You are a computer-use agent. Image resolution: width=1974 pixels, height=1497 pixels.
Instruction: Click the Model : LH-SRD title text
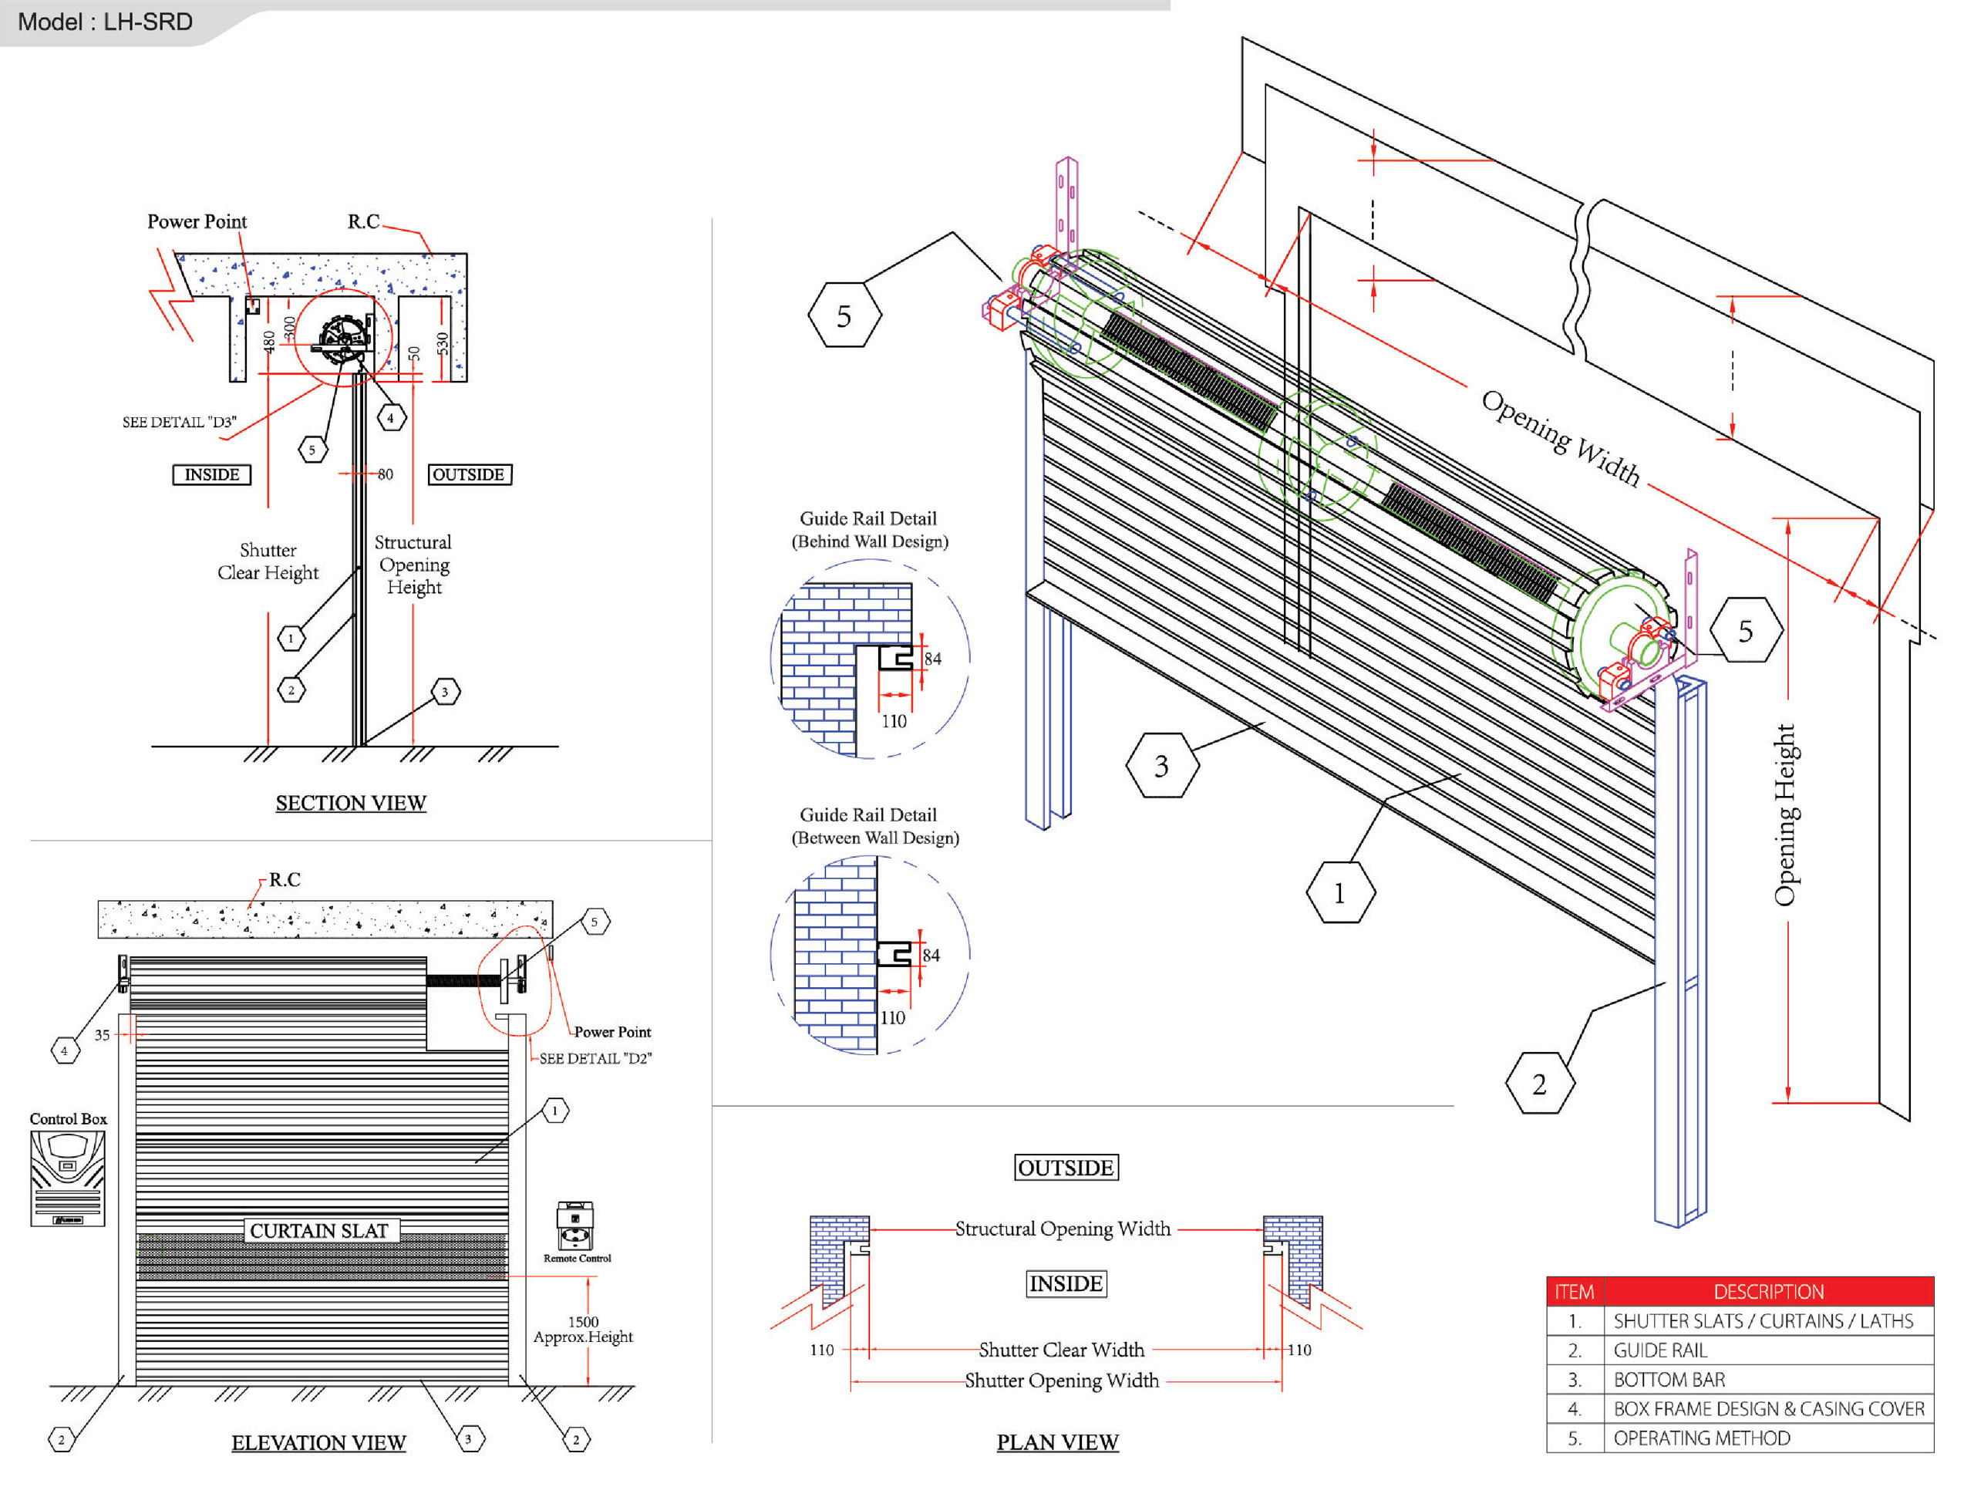coord(106,22)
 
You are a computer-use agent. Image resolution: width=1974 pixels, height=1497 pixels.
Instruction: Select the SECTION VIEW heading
coord(351,804)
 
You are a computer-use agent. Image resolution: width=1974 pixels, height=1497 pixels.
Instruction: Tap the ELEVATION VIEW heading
coord(318,1442)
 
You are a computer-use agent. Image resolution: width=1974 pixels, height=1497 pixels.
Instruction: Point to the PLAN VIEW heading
coord(1057,1441)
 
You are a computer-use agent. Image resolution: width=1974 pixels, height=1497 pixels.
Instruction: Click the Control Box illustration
coord(68,1178)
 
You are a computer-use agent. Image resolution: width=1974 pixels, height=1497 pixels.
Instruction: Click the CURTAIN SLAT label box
coord(319,1231)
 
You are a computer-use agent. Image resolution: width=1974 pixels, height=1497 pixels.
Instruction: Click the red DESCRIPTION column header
coord(1768,1292)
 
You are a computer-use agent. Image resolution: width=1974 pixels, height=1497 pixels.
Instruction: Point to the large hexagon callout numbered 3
coord(1162,766)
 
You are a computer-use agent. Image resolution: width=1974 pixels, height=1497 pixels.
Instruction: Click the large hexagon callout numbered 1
coord(1339,892)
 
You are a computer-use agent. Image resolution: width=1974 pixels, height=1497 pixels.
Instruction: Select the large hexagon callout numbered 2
coord(1539,1084)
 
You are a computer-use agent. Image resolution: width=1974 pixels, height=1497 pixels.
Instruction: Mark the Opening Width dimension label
coord(1561,438)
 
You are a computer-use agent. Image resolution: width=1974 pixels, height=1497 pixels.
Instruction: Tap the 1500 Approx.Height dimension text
coord(584,1329)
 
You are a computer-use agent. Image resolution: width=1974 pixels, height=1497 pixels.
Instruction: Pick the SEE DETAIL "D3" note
coord(180,422)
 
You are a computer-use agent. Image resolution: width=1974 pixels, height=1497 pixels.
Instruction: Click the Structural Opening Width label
coord(1063,1229)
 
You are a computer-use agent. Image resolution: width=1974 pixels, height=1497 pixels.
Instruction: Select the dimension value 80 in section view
coord(386,475)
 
